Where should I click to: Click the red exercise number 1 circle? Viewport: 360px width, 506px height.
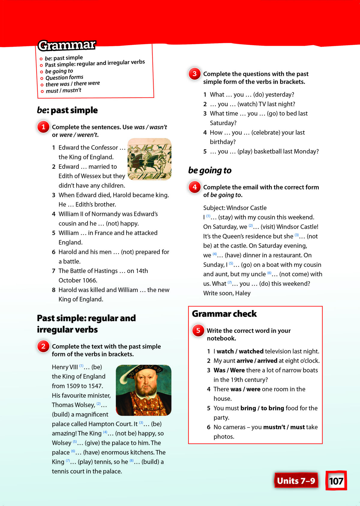point(43,127)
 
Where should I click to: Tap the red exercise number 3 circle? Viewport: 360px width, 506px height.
point(194,74)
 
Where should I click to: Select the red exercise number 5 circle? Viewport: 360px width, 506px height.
point(198,330)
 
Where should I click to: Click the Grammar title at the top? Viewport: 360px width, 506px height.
point(67,45)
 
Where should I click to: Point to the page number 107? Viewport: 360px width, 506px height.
point(336,481)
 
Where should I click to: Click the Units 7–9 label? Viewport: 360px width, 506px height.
point(296,481)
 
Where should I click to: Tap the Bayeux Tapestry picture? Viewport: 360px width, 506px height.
point(149,159)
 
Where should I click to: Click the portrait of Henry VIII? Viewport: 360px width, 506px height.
point(143,390)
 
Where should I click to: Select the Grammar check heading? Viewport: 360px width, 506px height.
point(224,314)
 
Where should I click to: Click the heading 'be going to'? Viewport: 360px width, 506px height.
point(210,170)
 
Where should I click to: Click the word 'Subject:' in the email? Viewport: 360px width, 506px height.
point(214,208)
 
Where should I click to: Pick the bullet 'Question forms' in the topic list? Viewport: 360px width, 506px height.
point(64,78)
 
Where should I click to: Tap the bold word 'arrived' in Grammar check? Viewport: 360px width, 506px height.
point(267,361)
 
